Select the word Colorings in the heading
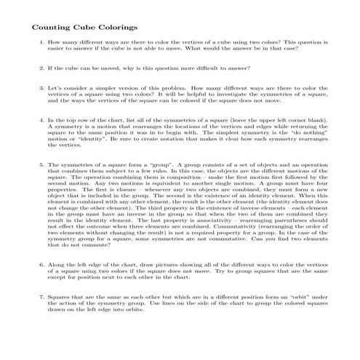(116, 28)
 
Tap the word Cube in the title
(81, 28)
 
